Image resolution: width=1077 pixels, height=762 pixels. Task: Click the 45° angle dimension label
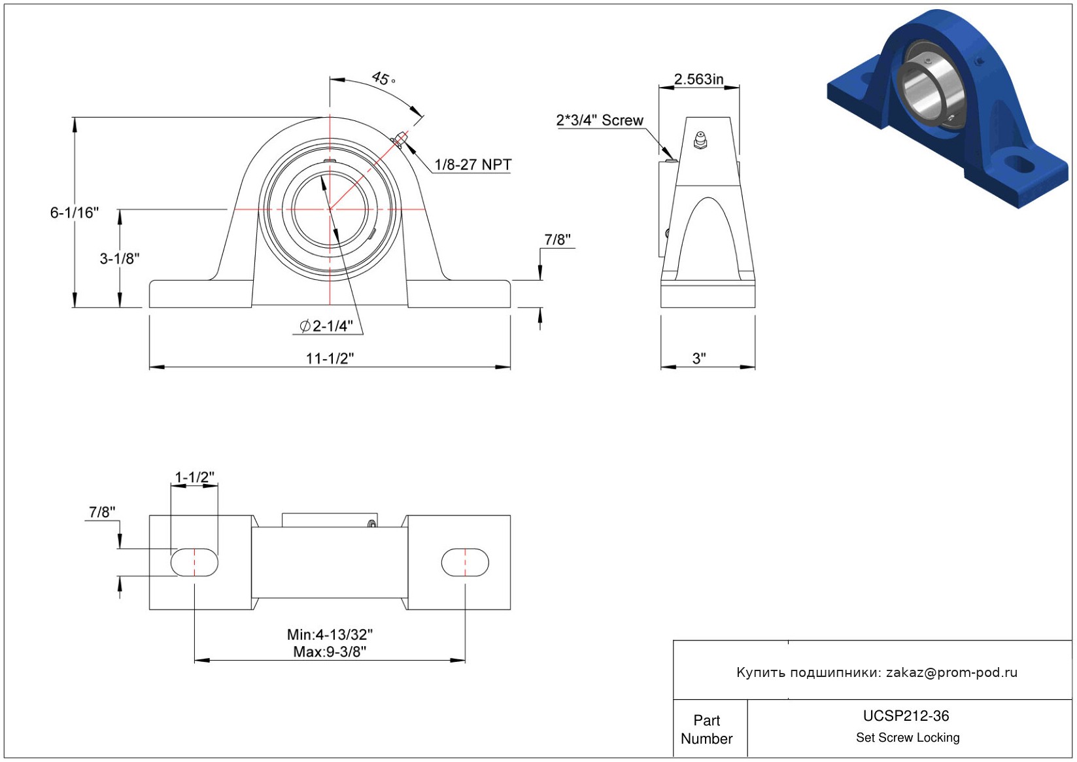click(383, 78)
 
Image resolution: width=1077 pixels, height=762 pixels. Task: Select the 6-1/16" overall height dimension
click(75, 212)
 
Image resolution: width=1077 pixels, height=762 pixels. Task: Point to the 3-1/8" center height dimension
click(119, 258)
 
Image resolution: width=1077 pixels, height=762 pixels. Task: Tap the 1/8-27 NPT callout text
click(473, 165)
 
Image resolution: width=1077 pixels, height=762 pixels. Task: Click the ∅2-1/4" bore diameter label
click(326, 326)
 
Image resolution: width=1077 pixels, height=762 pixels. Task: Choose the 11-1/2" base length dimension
click(330, 358)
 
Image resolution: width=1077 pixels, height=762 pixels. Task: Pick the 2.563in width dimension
click(698, 79)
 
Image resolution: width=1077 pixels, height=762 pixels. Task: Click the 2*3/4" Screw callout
click(600, 120)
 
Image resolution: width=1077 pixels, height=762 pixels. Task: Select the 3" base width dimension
click(699, 358)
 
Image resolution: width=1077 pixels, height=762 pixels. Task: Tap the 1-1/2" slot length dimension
click(194, 477)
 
